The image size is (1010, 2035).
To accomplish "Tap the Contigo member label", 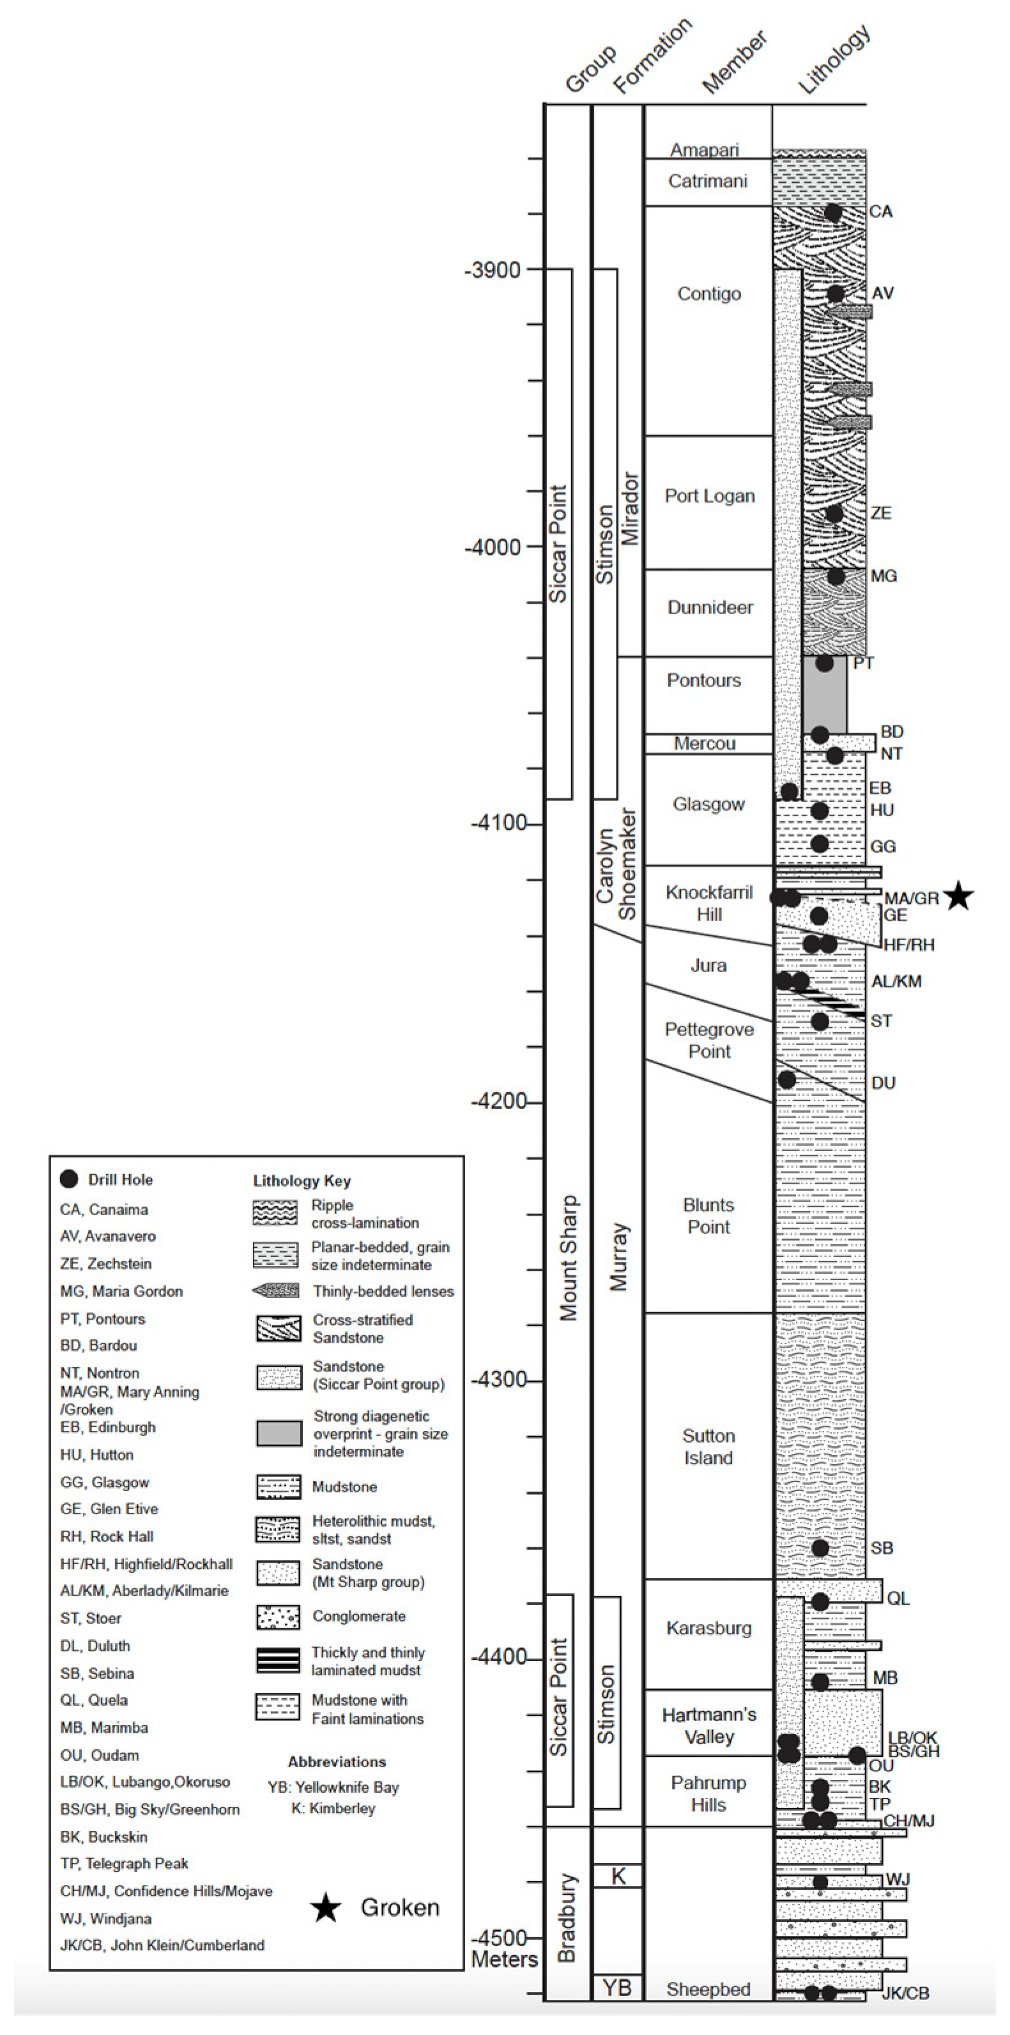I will pyautogui.click(x=709, y=294).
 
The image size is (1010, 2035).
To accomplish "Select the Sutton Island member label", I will pyautogui.click(x=708, y=1446).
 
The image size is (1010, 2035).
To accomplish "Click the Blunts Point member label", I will pyautogui.click(x=708, y=1216).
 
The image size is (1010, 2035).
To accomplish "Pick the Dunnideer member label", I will pyautogui.click(x=710, y=608).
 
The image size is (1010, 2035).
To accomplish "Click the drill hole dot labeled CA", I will pyautogui.click(x=833, y=212).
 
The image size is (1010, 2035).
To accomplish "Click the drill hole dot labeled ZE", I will pyautogui.click(x=834, y=513).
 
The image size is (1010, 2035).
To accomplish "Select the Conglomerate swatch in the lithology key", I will pyautogui.click(x=278, y=1616).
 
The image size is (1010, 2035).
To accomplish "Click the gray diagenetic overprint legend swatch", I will pyautogui.click(x=278, y=1432).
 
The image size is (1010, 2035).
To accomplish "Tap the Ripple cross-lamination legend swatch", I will pyautogui.click(x=275, y=1212).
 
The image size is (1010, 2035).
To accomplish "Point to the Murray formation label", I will pyautogui.click(x=618, y=1257).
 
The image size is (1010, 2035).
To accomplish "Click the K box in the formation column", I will pyautogui.click(x=618, y=1876).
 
